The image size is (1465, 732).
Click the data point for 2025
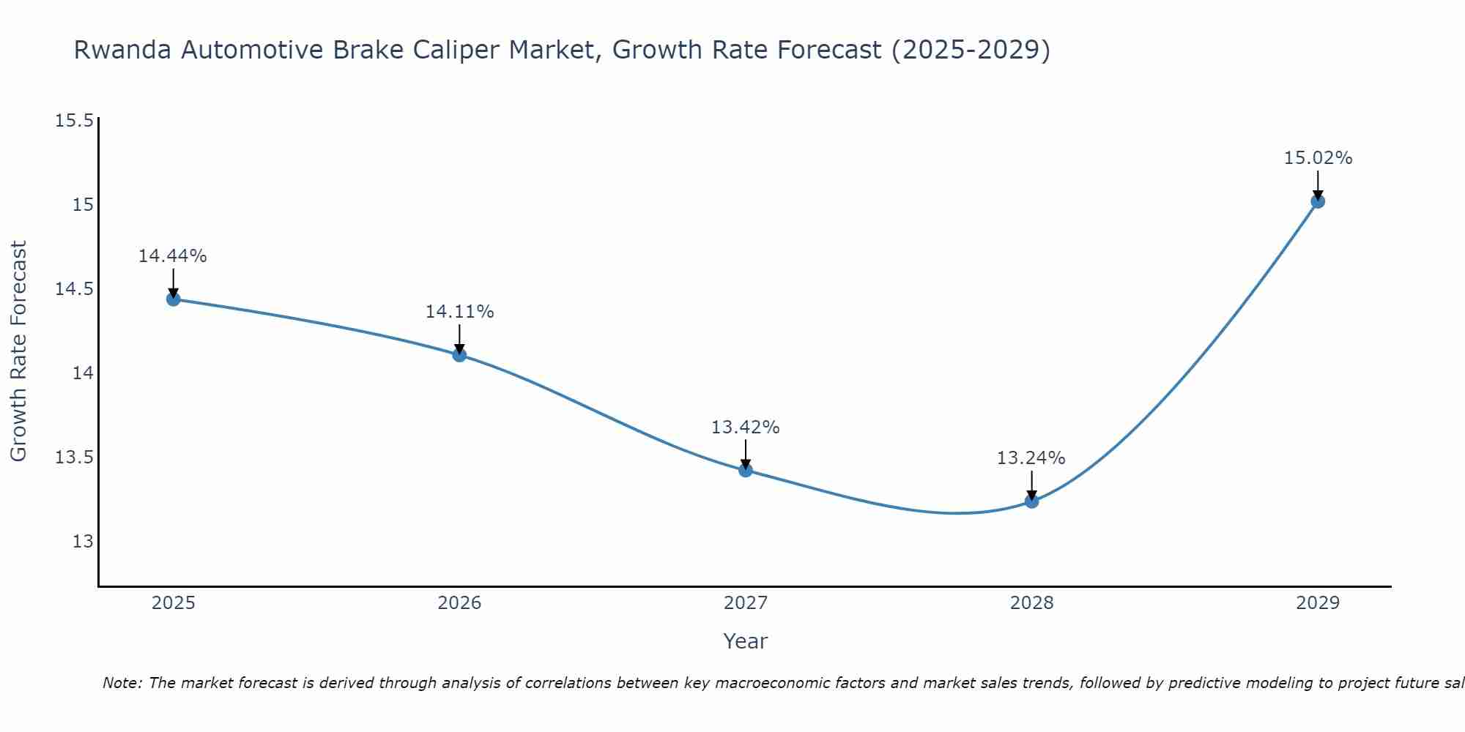click(x=173, y=299)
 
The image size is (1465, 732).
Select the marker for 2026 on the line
click(x=459, y=355)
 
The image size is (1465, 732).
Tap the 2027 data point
click(x=746, y=470)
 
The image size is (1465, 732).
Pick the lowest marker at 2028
click(x=1031, y=501)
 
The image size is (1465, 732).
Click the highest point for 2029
click(x=1318, y=201)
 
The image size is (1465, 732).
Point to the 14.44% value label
click(x=173, y=256)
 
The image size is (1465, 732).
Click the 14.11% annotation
click(x=459, y=312)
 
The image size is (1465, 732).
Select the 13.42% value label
click(x=746, y=427)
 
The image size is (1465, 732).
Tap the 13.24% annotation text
click(x=1031, y=458)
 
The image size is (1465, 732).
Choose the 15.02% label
click(x=1318, y=158)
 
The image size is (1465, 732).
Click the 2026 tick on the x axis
click(x=459, y=603)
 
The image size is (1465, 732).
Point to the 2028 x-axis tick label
click(x=1031, y=603)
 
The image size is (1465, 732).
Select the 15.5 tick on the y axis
click(x=75, y=120)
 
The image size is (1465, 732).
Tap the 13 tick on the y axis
click(x=83, y=542)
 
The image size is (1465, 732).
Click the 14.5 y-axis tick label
click(x=75, y=289)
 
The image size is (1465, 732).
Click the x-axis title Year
click(x=746, y=641)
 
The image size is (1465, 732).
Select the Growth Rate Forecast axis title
click(x=18, y=351)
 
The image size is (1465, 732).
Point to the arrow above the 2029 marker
click(x=1318, y=184)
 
